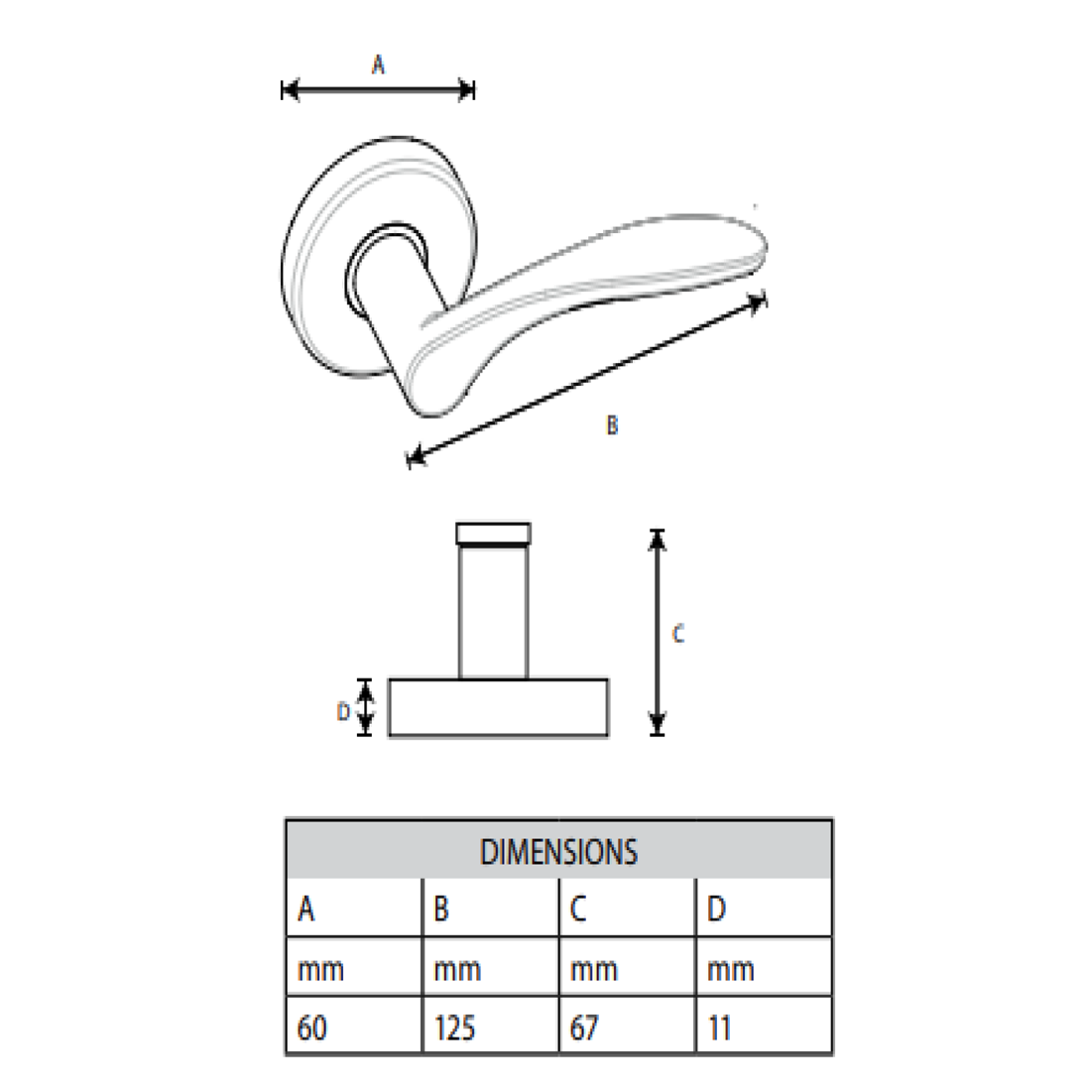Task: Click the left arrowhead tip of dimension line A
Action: (283, 89)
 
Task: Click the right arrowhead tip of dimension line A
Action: (474, 89)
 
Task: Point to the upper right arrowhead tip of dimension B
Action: (766, 298)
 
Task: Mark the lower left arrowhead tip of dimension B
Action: (407, 459)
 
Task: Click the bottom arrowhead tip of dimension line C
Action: (658, 735)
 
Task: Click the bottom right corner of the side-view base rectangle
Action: (608, 735)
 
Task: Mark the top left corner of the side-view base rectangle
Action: (389, 679)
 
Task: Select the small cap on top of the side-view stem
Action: (493, 534)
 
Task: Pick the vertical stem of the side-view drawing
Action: (493, 612)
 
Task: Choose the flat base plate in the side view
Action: (498, 707)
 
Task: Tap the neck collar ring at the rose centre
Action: (386, 268)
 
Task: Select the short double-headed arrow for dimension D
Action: (365, 707)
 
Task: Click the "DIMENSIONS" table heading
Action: (558, 852)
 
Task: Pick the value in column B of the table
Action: (454, 1028)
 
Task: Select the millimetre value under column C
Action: (584, 1028)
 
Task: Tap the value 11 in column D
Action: (719, 1028)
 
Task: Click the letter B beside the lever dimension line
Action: (612, 425)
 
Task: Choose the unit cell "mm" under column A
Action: (320, 969)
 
